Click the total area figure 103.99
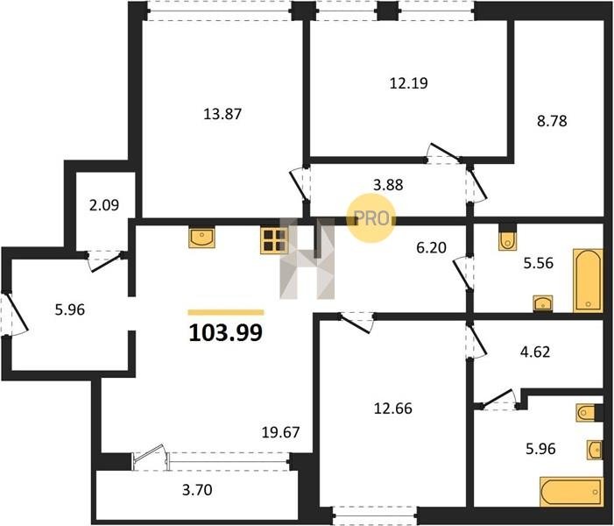[x=226, y=333]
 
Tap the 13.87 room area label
[x=222, y=114]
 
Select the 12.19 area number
[x=408, y=83]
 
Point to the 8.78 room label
[x=552, y=121]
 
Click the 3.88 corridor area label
[x=388, y=185]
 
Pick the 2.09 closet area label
[x=104, y=205]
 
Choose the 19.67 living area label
[x=280, y=432]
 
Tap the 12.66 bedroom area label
[x=393, y=409]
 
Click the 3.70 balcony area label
[x=197, y=489]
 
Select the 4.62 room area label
[x=535, y=352]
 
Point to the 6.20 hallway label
[x=431, y=248]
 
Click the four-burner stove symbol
[x=273, y=241]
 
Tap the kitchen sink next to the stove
[x=201, y=238]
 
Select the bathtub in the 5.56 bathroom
[x=588, y=281]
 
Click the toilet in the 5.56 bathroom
[x=507, y=240]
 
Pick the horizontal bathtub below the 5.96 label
[x=571, y=492]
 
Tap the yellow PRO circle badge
[x=371, y=218]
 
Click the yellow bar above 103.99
[x=226, y=312]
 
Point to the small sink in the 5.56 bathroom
[x=543, y=303]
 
